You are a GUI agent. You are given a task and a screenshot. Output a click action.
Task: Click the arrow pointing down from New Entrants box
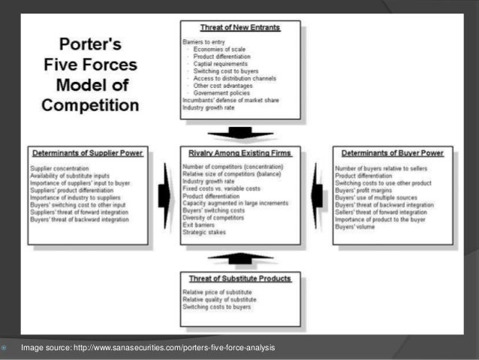click(x=240, y=132)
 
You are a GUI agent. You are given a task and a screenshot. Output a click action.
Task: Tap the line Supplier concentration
click(x=59, y=168)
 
